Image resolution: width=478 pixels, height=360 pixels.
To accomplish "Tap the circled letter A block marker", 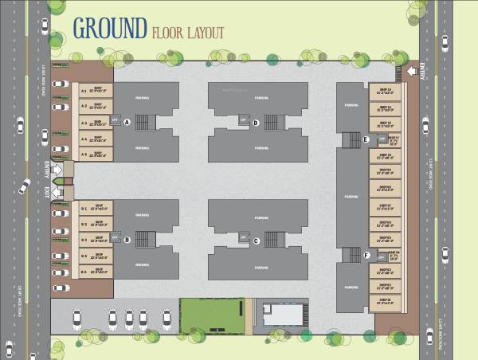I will (x=127, y=122).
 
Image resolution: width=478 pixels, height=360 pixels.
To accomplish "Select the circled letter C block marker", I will (x=256, y=241).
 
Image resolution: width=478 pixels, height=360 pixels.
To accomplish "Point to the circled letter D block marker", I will (x=256, y=123).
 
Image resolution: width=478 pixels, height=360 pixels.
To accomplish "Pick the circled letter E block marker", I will (x=365, y=140).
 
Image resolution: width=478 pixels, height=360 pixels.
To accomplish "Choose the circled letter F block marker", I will (x=365, y=256).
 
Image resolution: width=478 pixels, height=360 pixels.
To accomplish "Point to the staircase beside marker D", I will (x=273, y=122).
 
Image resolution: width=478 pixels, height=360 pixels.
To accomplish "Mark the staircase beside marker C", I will (x=273, y=239).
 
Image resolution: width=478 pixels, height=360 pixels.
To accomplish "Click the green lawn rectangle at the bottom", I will (x=211, y=315).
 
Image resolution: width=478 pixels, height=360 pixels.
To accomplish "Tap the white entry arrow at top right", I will (x=411, y=72).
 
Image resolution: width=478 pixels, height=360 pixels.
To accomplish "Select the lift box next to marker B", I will (x=116, y=237).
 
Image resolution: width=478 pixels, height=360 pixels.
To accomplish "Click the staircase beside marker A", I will (x=144, y=122).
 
